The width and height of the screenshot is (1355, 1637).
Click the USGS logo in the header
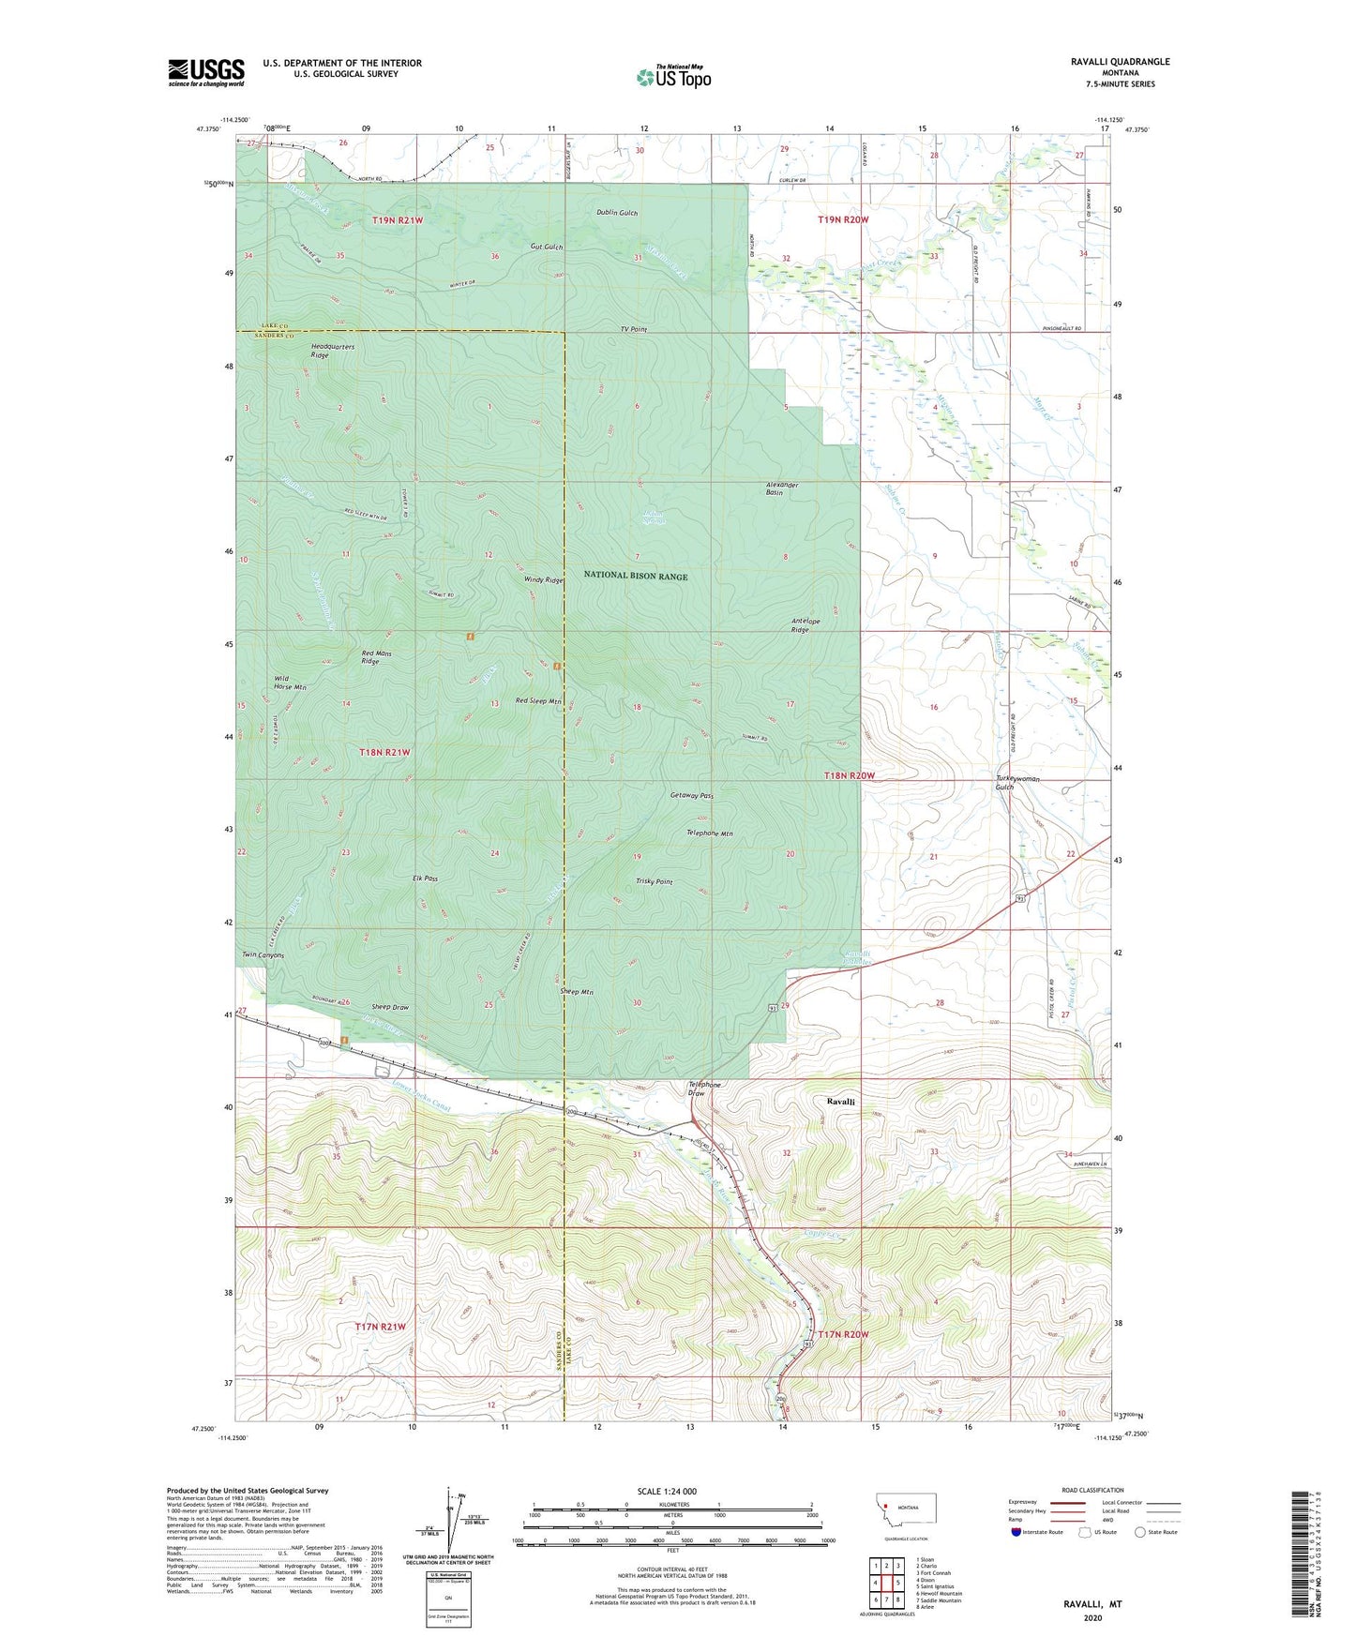coord(206,71)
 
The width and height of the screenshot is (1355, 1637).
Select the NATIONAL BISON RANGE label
coord(637,576)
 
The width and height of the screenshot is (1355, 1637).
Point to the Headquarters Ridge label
coord(333,351)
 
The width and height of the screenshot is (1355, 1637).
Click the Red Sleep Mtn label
coord(538,701)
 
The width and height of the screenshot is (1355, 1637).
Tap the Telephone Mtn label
coord(710,833)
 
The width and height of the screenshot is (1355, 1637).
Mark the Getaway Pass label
coord(692,795)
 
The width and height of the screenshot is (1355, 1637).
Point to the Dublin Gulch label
coord(617,213)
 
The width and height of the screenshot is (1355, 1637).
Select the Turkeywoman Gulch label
coord(1017,783)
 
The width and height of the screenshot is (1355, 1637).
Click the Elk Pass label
coord(425,879)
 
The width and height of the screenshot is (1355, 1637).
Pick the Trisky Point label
coord(654,881)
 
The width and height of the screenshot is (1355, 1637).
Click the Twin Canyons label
coord(263,955)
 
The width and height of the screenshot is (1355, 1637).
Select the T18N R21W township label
coord(384,753)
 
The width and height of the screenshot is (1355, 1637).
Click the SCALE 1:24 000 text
coord(667,1491)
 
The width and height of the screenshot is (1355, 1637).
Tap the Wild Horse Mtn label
coord(290,683)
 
